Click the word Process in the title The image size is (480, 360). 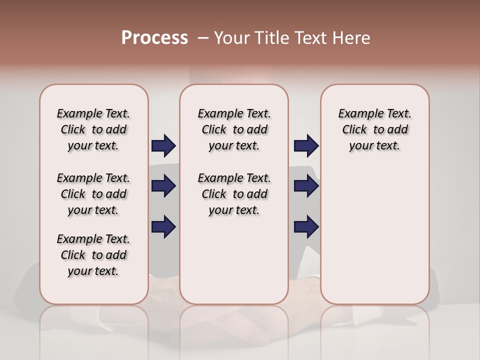click(x=154, y=38)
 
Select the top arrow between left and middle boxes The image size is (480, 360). click(x=163, y=146)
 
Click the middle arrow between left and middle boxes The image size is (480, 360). click(x=163, y=186)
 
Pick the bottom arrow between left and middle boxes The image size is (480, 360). click(x=163, y=226)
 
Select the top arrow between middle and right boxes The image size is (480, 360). click(x=306, y=146)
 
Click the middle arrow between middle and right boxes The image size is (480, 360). click(x=306, y=186)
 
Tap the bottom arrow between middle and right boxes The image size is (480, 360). click(x=306, y=226)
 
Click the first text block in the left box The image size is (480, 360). click(x=93, y=129)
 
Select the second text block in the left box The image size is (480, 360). click(x=93, y=194)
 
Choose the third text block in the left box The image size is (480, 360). click(x=93, y=255)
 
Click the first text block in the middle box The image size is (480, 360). click(x=234, y=129)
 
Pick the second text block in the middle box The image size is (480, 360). click(x=234, y=194)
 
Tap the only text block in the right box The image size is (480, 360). click(x=375, y=129)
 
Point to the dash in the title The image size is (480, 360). click(x=202, y=38)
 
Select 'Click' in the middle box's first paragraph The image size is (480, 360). click(x=214, y=130)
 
